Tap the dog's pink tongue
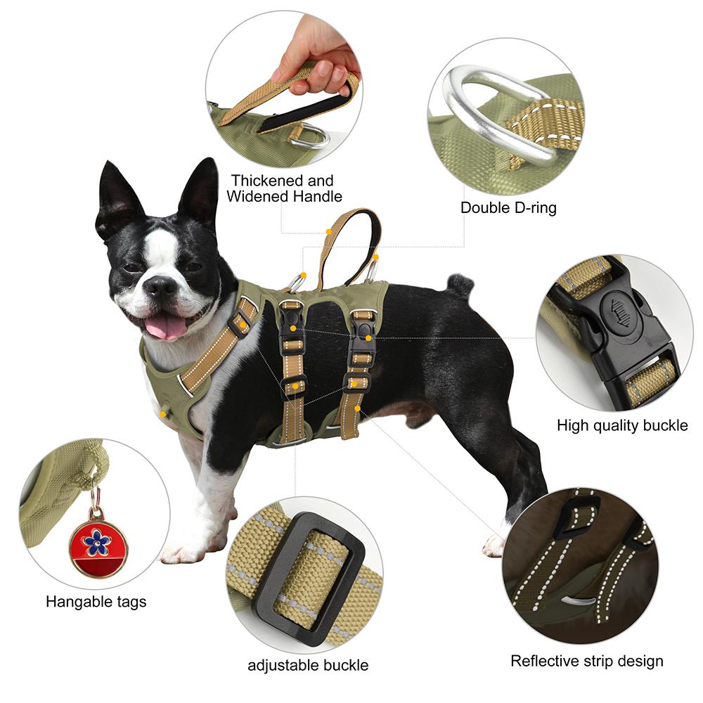(166, 326)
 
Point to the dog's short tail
(460, 284)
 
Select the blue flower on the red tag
(97, 541)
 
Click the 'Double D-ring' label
(508, 208)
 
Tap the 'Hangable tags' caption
(96, 602)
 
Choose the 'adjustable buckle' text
(308, 665)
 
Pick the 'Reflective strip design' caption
(586, 661)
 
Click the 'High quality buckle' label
(622, 425)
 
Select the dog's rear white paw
(495, 543)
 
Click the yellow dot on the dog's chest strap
(242, 325)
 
